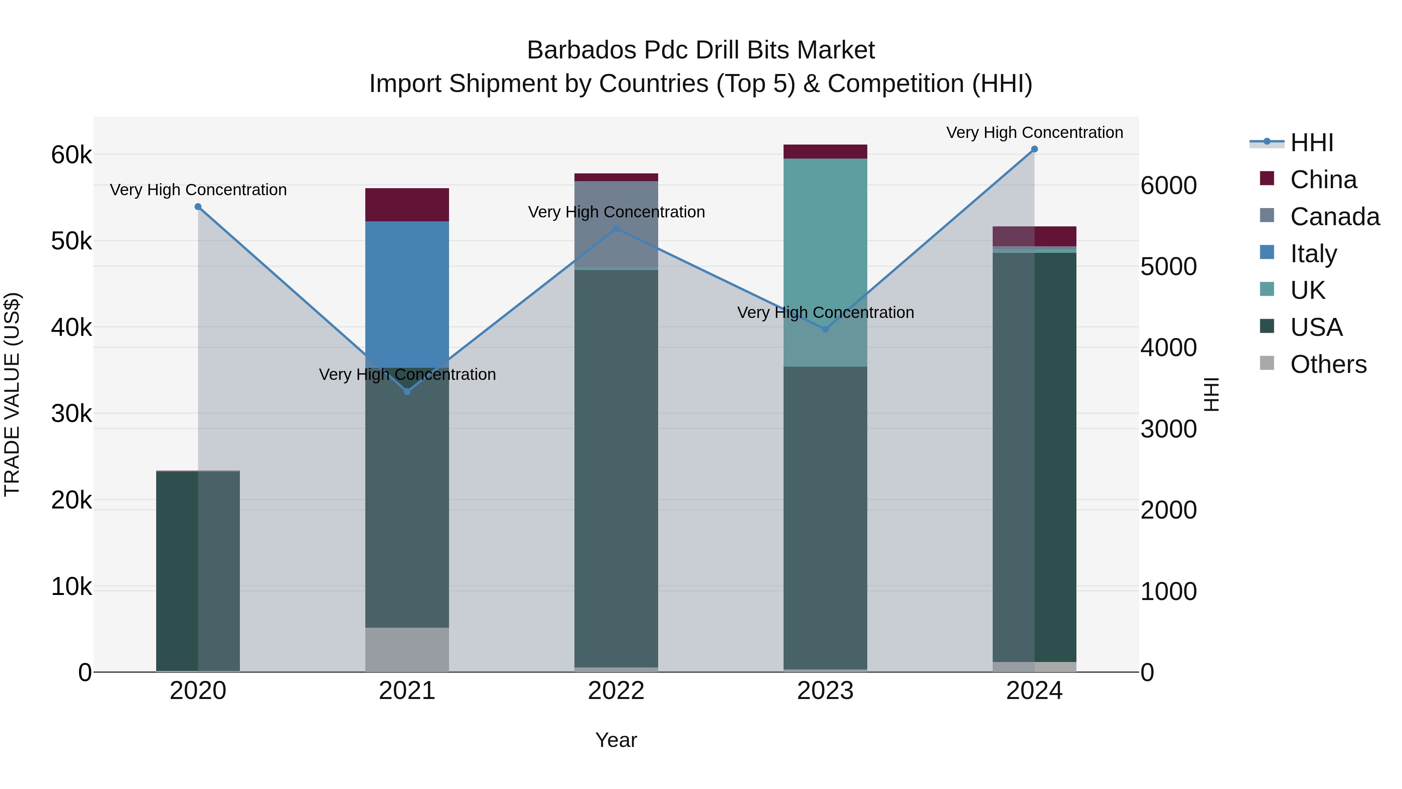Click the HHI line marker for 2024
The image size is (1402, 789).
pos(1034,149)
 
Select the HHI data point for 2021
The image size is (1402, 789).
pos(407,392)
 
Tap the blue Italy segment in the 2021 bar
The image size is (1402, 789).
pos(407,294)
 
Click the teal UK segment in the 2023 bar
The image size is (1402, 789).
pos(825,261)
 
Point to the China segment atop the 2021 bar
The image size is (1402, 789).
pos(407,205)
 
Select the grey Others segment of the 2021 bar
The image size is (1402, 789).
pos(407,649)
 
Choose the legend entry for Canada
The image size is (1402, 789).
pos(1335,217)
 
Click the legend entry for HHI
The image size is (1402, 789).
pos(1312,143)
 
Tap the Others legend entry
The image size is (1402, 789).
pos(1328,364)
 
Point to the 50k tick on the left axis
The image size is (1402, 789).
pos(71,241)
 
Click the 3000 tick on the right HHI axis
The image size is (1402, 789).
pos(1168,429)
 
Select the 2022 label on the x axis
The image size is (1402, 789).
pos(616,691)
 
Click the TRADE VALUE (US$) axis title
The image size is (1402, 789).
pos(12,394)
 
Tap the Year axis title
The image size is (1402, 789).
pos(616,740)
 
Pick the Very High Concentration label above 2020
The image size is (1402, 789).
pos(198,190)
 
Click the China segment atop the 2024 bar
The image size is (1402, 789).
pos(1034,237)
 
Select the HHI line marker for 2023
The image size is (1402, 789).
pos(825,329)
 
